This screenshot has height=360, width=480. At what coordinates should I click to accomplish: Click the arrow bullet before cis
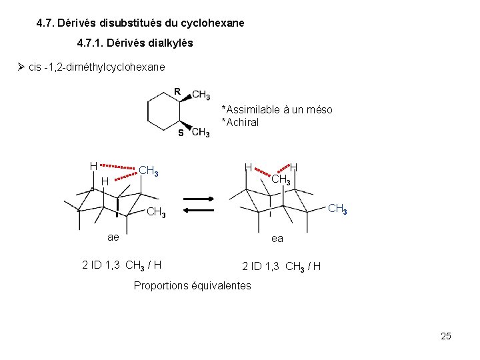(21, 67)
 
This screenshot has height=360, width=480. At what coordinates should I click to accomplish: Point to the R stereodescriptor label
(177, 91)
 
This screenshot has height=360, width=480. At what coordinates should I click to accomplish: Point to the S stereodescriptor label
(180, 133)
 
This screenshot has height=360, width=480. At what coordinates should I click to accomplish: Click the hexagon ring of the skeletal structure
(162, 111)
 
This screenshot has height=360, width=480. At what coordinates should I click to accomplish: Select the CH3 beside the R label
(201, 95)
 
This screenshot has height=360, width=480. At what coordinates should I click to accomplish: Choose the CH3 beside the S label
(200, 133)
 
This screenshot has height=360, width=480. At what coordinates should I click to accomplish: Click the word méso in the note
(319, 109)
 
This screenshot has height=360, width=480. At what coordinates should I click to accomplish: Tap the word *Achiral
(240, 122)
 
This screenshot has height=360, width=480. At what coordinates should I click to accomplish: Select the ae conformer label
(114, 238)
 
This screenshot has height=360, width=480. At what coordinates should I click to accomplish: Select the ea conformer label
(277, 238)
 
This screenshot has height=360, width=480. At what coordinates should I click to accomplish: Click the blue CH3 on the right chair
(337, 209)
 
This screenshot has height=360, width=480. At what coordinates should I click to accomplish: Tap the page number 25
(446, 336)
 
